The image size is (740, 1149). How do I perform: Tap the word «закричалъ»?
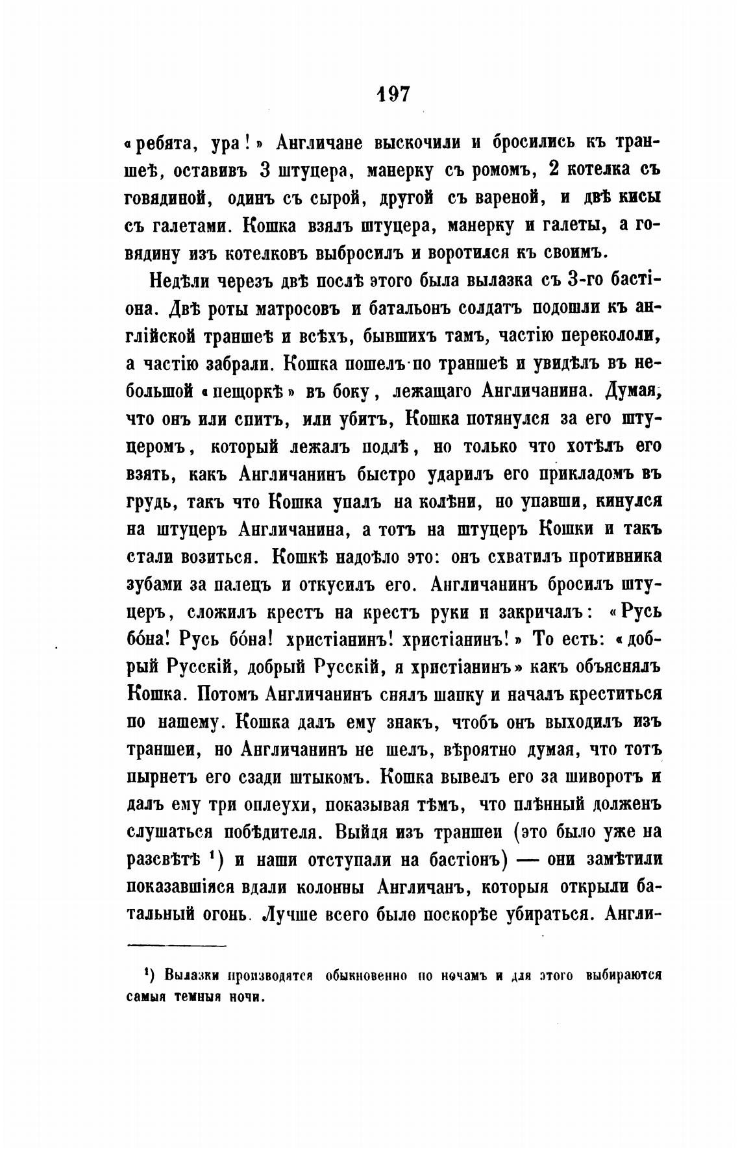point(531,612)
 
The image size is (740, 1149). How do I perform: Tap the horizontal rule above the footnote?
point(175,946)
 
